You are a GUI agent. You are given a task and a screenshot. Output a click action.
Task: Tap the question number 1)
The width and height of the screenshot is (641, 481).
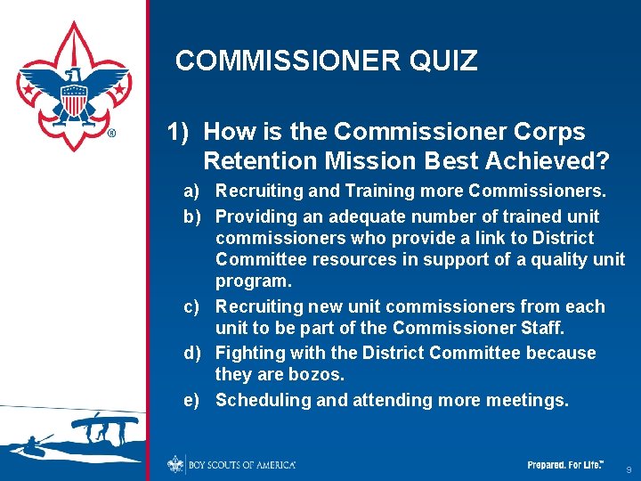pos(179,133)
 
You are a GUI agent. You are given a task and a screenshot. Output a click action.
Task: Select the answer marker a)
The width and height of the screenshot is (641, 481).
pos(191,192)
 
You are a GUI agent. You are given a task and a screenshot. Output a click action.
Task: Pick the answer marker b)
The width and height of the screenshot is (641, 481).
pos(191,216)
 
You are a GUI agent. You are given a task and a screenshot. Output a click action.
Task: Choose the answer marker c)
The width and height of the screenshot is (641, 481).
pos(191,307)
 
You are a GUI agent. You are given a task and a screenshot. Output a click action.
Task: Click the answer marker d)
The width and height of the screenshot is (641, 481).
pos(191,354)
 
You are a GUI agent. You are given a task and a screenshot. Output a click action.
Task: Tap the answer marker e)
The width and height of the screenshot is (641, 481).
pos(191,401)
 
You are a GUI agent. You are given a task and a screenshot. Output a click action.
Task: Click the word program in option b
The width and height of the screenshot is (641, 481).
pos(253,282)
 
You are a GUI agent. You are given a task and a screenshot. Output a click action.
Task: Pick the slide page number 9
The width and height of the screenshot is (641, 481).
pos(629,469)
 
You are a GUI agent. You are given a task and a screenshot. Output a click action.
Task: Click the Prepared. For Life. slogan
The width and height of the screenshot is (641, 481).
pos(565,465)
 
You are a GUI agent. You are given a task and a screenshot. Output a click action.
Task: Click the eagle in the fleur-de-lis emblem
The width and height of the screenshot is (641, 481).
pos(74,89)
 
